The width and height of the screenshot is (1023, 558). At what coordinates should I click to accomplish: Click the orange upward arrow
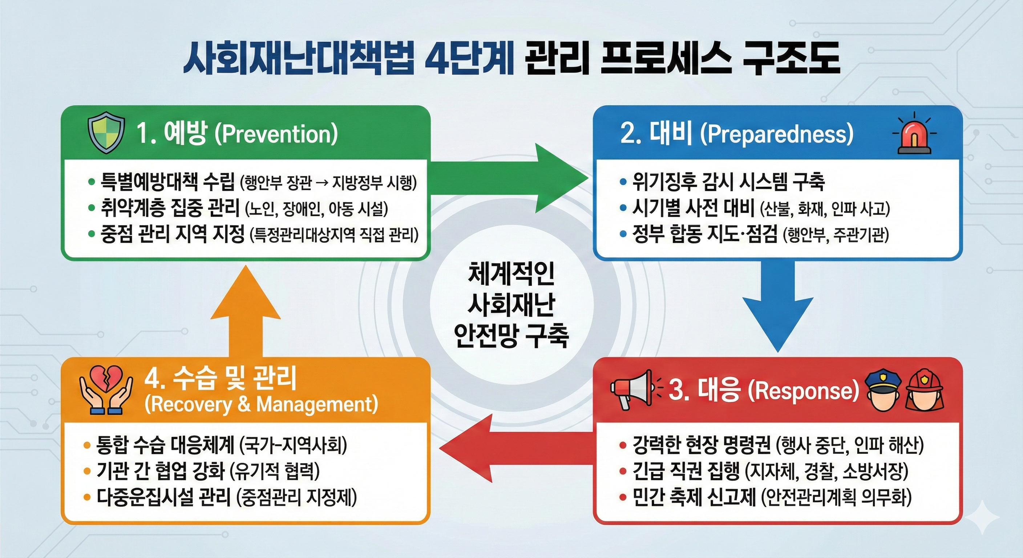click(x=246, y=310)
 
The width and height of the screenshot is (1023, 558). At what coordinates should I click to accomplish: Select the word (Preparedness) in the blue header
click(x=776, y=134)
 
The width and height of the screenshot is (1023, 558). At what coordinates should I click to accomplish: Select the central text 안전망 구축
click(x=511, y=336)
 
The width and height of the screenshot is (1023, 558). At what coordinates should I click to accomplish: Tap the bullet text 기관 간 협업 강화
click(x=161, y=471)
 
